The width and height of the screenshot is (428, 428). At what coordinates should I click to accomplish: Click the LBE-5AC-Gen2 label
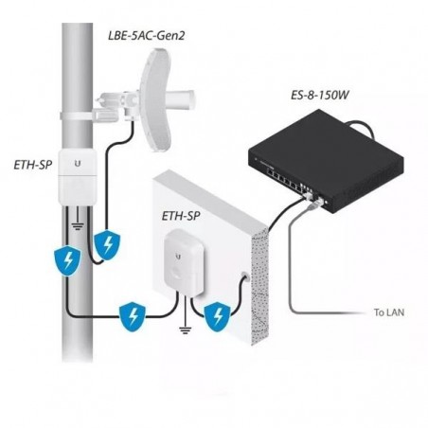click(146, 35)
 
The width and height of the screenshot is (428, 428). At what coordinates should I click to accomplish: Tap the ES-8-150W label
click(320, 95)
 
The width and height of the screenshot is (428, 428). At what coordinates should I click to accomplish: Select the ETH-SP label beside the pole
click(33, 165)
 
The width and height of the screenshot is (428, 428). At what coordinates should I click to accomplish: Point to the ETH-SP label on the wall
click(181, 216)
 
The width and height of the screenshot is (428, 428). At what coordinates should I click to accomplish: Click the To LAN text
click(389, 312)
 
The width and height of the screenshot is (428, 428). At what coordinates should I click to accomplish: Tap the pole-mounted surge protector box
click(78, 177)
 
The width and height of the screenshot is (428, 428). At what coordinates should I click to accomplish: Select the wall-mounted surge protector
click(184, 262)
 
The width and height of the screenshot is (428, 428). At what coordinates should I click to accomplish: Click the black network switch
click(326, 161)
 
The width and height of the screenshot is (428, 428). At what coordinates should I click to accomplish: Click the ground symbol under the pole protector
click(78, 225)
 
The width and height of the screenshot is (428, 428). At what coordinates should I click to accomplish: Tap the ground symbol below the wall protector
click(186, 330)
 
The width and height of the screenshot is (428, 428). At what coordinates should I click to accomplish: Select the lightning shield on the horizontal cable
click(133, 317)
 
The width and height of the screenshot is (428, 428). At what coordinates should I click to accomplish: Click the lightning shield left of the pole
click(67, 260)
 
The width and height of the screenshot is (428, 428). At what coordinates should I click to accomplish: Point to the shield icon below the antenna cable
click(107, 245)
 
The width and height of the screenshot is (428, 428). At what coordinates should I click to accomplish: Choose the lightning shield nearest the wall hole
click(218, 316)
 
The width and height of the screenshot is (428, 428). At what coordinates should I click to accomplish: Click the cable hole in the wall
click(245, 276)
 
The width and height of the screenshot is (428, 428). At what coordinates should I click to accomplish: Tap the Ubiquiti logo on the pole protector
click(78, 164)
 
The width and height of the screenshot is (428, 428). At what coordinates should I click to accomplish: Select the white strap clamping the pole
click(77, 116)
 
